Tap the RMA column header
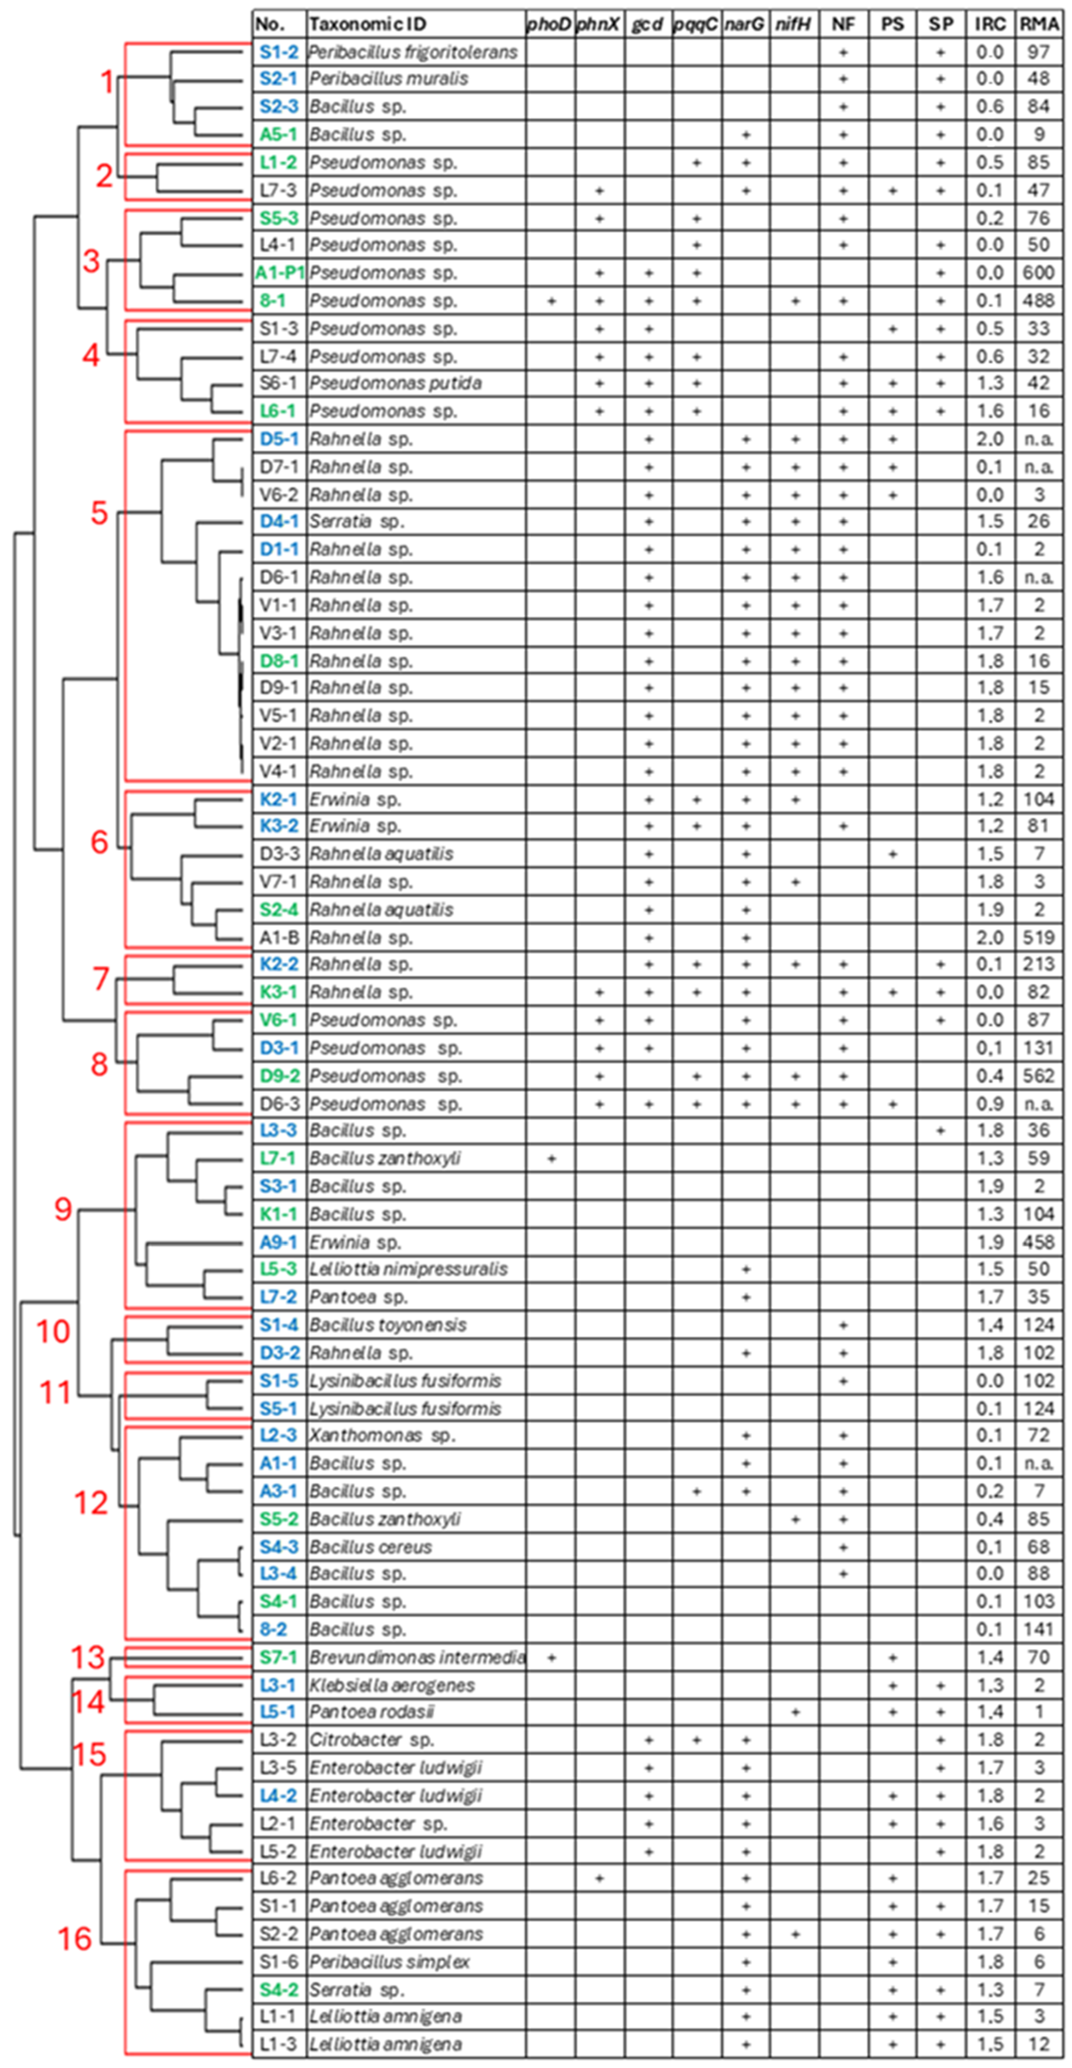(x=1038, y=24)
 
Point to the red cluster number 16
(x=75, y=1939)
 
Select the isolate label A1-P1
(x=278, y=273)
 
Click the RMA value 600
(x=1038, y=273)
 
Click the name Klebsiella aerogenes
(x=392, y=1685)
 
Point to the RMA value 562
(x=1038, y=1076)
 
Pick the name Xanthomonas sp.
(x=381, y=1436)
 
